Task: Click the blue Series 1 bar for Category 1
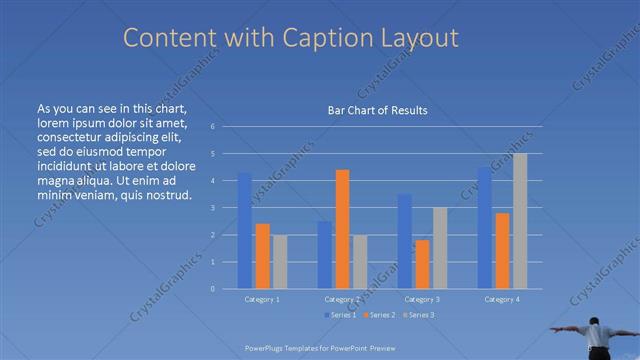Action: click(244, 230)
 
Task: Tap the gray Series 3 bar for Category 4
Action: click(520, 221)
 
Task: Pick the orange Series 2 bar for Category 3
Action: click(422, 264)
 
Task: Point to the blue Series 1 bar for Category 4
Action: click(484, 228)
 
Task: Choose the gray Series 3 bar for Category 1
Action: click(280, 262)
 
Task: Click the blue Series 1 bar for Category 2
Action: click(325, 255)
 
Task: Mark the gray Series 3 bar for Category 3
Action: click(440, 248)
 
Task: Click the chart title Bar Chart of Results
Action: click(377, 110)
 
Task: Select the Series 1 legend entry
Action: click(339, 315)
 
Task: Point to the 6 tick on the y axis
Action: click(212, 127)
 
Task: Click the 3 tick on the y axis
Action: click(212, 208)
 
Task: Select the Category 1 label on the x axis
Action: click(262, 299)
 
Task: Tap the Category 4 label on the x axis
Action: click(502, 299)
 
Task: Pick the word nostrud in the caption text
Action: click(167, 194)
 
